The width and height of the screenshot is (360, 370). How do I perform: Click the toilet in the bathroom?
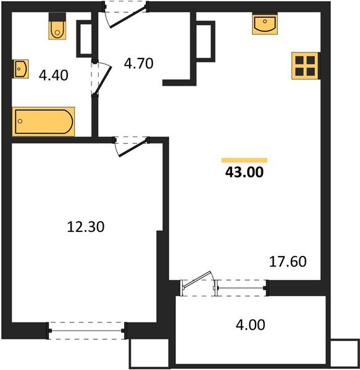click(x=57, y=28)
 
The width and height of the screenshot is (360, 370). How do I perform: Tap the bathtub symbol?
click(x=44, y=121)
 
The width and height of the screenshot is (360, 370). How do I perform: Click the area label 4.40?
click(x=53, y=76)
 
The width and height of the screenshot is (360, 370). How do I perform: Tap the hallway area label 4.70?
click(x=138, y=63)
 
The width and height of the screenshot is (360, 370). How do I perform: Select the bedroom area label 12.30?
click(x=85, y=227)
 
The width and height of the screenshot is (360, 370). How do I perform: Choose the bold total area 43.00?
click(x=245, y=173)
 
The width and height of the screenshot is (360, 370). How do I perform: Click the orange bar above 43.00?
click(x=245, y=160)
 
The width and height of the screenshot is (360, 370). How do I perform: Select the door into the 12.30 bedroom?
click(x=131, y=146)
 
